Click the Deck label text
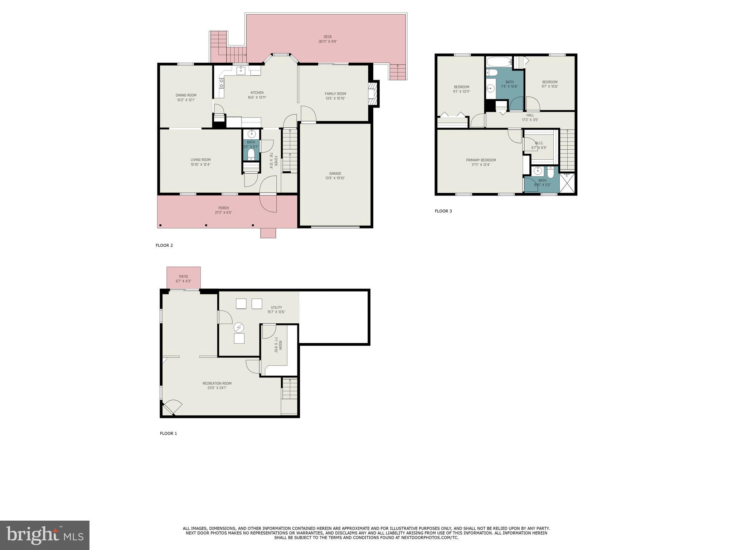[x=327, y=37]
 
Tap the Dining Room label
[x=186, y=95]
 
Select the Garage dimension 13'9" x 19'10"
[x=335, y=178]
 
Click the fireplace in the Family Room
[x=373, y=94]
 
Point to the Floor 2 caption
[x=164, y=245]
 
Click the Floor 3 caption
[x=443, y=211]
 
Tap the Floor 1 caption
[x=168, y=433]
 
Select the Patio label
[x=183, y=276]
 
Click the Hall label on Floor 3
[x=530, y=115]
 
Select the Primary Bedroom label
[x=481, y=160]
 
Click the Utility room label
[x=276, y=307]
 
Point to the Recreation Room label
[x=217, y=383]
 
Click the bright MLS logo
[x=45, y=535]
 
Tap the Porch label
[x=223, y=208]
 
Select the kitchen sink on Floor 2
[x=241, y=70]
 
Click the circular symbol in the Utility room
[x=239, y=327]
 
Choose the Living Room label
[x=200, y=160]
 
